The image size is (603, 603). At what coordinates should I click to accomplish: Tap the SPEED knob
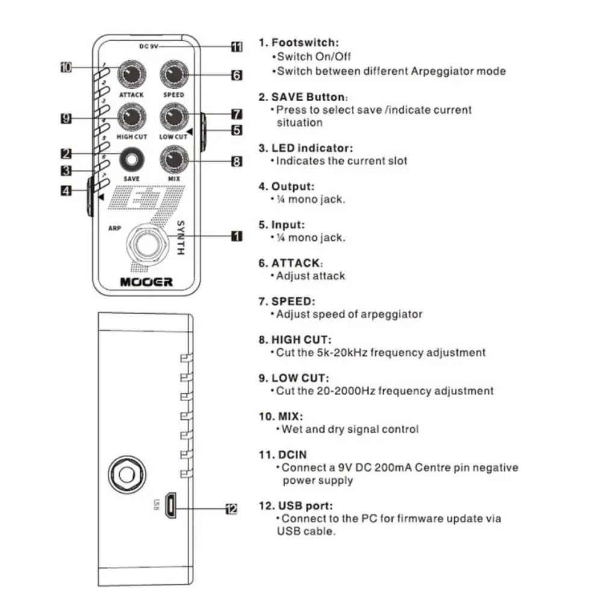point(173,75)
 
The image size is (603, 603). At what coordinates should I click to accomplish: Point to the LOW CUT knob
point(173,117)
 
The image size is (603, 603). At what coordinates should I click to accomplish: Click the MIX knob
point(173,160)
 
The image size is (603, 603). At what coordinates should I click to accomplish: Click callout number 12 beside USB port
point(231,509)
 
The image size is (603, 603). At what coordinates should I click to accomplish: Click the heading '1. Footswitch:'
point(299,43)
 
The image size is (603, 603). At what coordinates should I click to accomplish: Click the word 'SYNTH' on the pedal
point(180,238)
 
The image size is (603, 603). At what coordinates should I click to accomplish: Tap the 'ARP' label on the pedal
point(114,229)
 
